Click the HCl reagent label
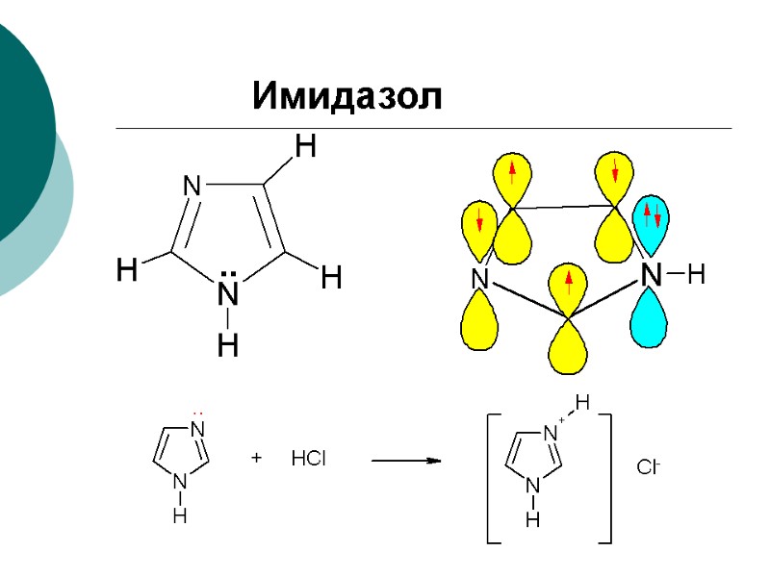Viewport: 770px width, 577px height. click(x=308, y=461)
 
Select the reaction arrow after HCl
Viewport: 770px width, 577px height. click(x=405, y=462)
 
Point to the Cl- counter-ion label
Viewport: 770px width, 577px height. click(x=648, y=468)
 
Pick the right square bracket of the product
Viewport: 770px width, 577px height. click(x=605, y=479)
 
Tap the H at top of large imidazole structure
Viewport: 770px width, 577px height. click(x=305, y=147)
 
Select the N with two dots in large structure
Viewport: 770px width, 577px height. click(x=228, y=288)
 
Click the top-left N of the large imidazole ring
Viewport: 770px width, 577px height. click(x=192, y=186)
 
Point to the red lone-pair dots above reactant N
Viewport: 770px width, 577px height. click(x=198, y=411)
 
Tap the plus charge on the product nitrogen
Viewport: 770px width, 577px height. click(x=562, y=420)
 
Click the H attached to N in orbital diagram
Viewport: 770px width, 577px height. click(x=696, y=277)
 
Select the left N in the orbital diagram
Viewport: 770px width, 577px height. click(x=478, y=280)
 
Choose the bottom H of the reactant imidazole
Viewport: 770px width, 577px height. click(x=180, y=516)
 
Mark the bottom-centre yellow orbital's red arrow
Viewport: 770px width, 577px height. click(x=569, y=283)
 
